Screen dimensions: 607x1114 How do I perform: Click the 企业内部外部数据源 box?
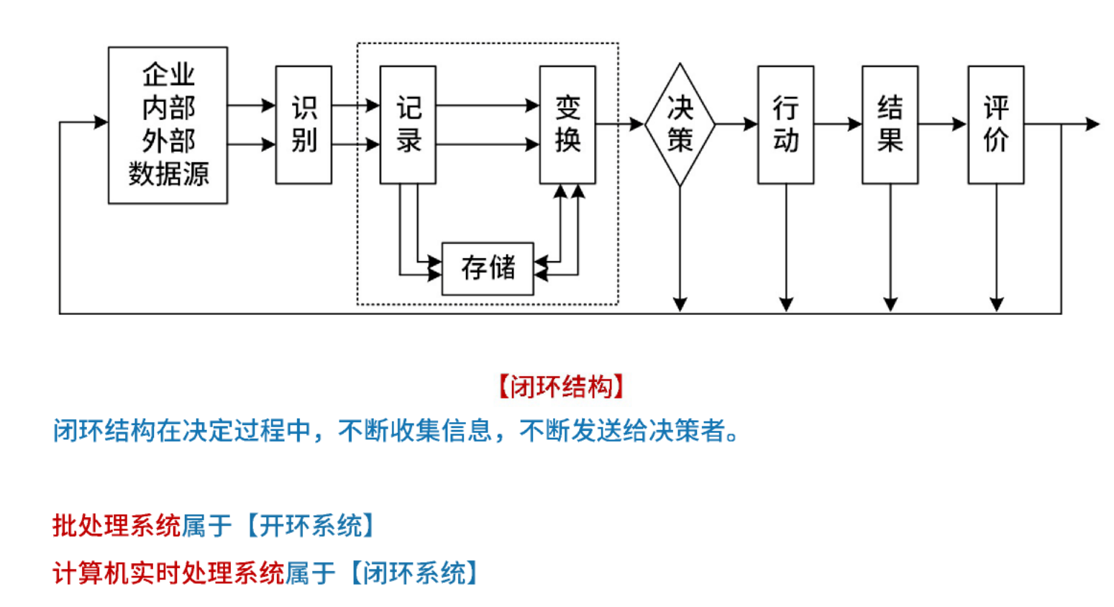coord(168,125)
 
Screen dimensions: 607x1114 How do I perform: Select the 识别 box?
coord(303,125)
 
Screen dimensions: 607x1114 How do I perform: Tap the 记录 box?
coord(408,125)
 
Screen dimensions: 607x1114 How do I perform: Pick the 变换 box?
coord(567,125)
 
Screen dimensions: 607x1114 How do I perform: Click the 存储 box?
coord(488,268)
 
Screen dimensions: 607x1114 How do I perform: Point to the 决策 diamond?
coord(680,125)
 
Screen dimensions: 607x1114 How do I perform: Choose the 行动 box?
coord(785,125)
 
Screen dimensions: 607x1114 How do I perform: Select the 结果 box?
coord(890,125)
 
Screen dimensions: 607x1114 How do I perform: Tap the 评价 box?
coord(995,125)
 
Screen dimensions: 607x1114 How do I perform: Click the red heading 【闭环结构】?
coord(560,387)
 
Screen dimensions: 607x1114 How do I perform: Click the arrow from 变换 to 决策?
coord(620,124)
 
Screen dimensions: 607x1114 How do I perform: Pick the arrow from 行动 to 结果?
coord(838,124)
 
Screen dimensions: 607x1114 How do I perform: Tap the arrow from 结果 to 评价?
coord(942,124)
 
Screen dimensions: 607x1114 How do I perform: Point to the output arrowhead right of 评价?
coord(1092,124)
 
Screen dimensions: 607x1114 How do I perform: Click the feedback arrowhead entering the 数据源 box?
coord(101,122)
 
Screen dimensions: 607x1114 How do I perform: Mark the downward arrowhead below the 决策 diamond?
coord(680,304)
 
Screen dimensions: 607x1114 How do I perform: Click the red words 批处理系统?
coord(117,526)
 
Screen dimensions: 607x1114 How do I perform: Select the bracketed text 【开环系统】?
coord(311,526)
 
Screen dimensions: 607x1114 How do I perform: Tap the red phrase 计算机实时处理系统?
coord(168,573)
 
